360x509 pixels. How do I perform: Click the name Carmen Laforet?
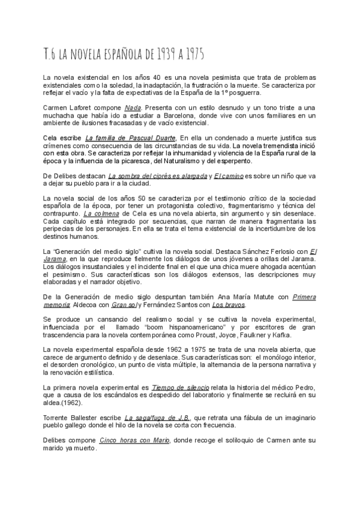point(65,107)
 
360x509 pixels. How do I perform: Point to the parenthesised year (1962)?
point(72,387)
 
